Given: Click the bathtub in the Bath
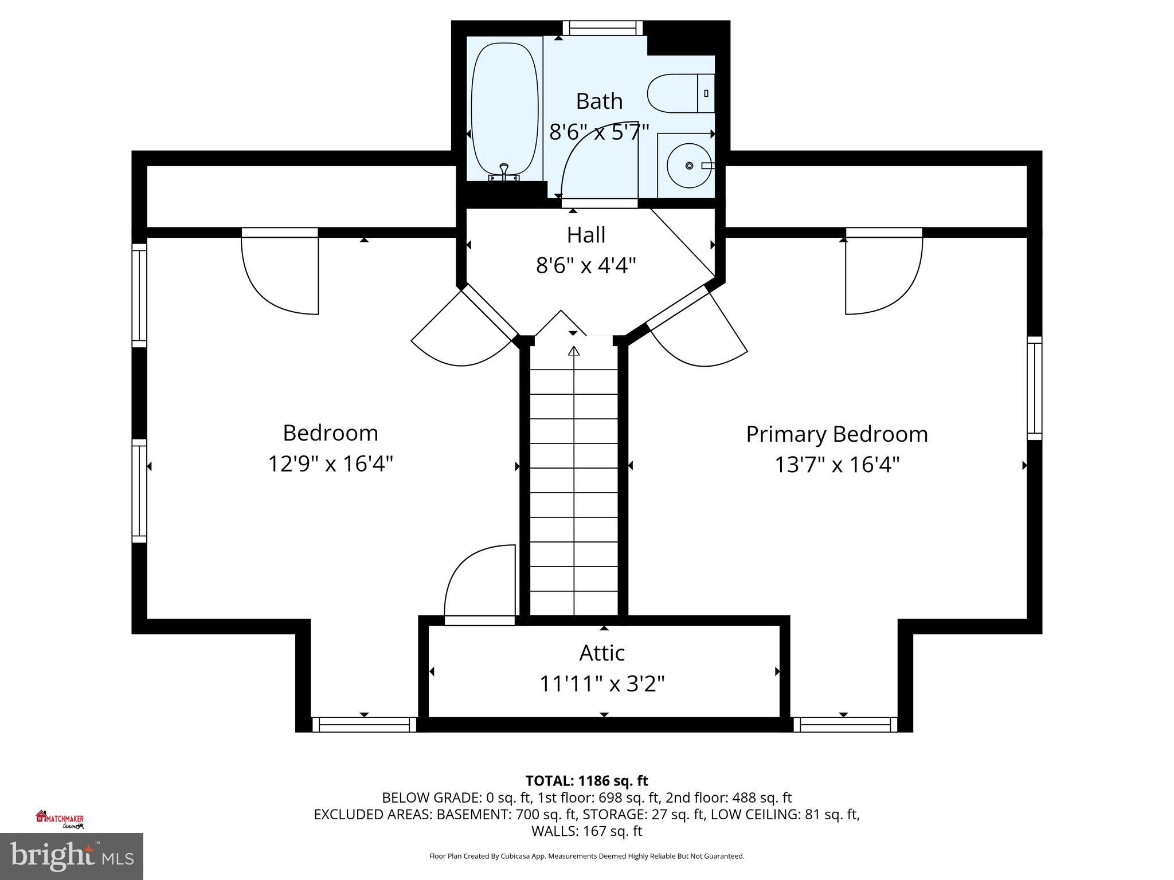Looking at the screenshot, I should [504, 109].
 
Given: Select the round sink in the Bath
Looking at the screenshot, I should [688, 166].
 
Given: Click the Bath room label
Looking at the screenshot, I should [599, 101].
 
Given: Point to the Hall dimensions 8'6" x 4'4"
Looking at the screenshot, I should [586, 266].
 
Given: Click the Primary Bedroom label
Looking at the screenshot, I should [836, 434].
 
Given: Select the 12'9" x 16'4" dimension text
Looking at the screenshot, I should [330, 463].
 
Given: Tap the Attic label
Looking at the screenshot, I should [601, 653].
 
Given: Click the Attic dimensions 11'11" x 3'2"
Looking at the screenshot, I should [601, 683].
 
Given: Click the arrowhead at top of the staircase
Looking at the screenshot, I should [574, 351].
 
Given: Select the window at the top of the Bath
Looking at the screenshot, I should [602, 28].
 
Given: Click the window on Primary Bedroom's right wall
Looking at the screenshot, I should [1034, 388].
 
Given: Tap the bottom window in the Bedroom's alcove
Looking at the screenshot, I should [364, 725].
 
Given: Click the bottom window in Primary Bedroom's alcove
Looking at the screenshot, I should [845, 725].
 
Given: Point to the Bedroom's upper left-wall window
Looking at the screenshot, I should [139, 295].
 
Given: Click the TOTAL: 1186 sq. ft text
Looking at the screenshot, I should [586, 781].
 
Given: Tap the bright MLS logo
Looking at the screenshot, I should [72, 856].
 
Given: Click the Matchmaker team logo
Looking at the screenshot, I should [60, 820].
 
